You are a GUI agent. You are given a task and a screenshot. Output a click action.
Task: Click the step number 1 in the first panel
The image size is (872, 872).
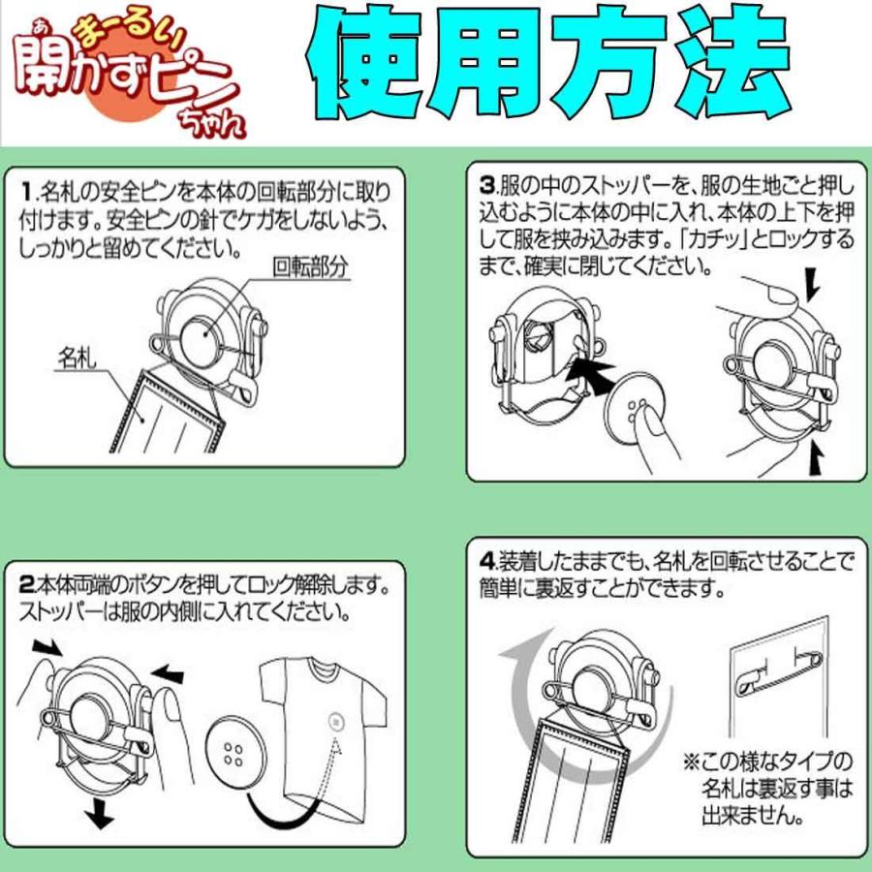tap(27, 187)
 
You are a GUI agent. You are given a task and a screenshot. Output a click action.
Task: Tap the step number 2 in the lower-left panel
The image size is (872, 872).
tap(27, 585)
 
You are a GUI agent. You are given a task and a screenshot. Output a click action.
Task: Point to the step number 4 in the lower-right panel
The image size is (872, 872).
tap(486, 560)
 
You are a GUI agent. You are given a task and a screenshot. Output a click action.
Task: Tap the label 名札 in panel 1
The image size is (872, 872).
tap(75, 358)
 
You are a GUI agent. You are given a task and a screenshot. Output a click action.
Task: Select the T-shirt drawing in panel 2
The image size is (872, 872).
tap(325, 722)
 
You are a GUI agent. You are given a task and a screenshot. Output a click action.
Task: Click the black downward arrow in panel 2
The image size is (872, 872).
tap(94, 817)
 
